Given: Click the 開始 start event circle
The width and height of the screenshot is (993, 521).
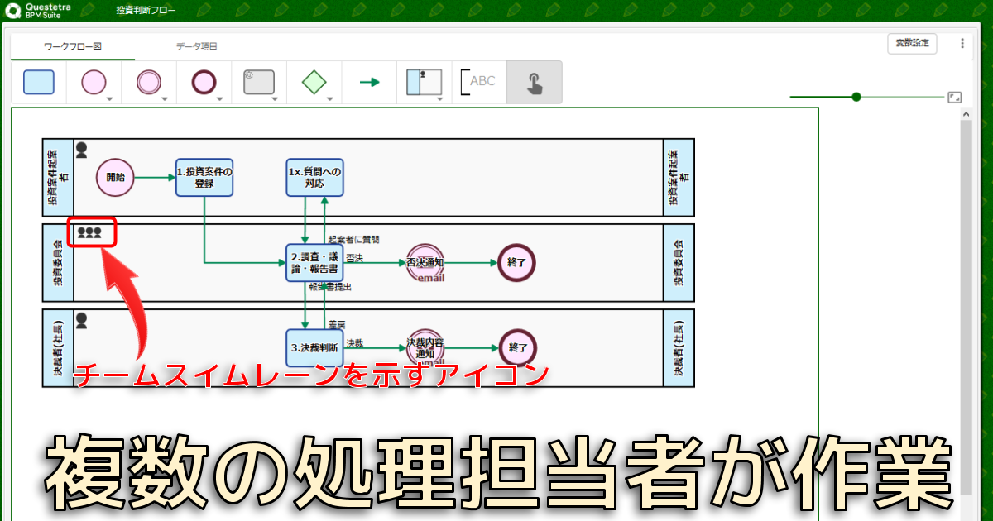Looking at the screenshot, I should point(115,177).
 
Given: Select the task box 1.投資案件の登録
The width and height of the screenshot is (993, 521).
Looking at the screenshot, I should point(204,177).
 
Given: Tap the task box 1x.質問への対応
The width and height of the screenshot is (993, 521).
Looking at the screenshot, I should point(314,177).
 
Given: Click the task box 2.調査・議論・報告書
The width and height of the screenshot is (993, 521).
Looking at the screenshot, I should point(314,263).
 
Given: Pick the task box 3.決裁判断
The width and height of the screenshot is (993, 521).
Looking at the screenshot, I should point(314,347).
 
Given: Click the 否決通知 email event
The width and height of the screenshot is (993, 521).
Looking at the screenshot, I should point(425,263).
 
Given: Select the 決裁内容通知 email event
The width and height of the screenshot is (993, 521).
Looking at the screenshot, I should point(425,347).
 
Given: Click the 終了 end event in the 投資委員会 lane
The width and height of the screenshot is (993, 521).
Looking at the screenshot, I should point(517,263).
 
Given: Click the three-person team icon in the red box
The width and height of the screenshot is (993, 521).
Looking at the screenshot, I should point(89,233).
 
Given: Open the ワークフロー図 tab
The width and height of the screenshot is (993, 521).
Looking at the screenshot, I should point(73,47).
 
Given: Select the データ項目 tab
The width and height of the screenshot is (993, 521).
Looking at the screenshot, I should point(197,47).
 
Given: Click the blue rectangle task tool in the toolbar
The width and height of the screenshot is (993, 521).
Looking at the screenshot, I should point(39,82).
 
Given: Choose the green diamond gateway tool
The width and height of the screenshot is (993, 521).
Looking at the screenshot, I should point(314,82).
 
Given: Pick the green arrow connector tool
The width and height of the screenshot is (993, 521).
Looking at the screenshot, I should point(369,82).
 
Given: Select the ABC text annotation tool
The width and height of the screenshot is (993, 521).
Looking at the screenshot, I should point(478,82).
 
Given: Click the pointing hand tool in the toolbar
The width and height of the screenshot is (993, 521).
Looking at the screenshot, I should point(535,82).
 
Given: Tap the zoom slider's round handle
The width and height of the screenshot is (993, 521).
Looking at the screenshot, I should point(856,97).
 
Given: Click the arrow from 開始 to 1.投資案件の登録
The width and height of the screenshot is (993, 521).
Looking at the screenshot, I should point(155,177).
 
